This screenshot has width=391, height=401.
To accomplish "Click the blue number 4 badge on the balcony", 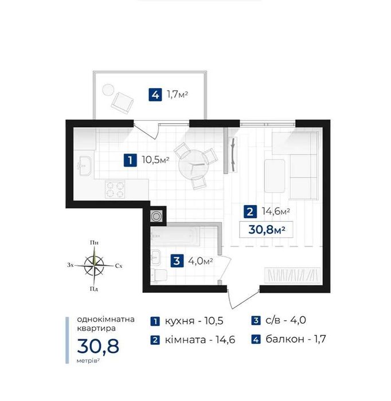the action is [x=155, y=95].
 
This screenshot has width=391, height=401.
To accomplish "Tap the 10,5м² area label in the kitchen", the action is [x=155, y=160].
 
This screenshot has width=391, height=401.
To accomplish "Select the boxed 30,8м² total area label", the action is [x=266, y=229].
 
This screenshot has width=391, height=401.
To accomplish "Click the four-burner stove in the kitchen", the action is [x=115, y=190].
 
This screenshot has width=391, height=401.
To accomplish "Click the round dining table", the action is [x=192, y=164].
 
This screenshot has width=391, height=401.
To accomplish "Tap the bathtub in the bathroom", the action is [x=174, y=235].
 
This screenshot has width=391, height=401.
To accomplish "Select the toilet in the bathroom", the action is [x=159, y=276].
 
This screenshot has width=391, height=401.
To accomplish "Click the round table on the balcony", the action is [x=108, y=90].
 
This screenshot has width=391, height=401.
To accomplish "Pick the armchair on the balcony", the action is [x=122, y=103].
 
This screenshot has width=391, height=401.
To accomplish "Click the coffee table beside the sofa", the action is [x=275, y=176].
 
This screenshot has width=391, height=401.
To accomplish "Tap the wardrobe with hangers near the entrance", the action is [x=292, y=276].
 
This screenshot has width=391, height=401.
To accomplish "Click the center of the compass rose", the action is [x=94, y=265].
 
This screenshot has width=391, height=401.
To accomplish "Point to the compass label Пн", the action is [x=94, y=242].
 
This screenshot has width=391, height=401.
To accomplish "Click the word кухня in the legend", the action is [x=179, y=321].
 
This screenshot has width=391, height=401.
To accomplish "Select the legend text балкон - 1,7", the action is [x=296, y=339].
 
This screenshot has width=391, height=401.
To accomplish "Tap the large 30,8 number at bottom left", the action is [x=98, y=346].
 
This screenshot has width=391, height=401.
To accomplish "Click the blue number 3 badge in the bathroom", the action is [x=177, y=261].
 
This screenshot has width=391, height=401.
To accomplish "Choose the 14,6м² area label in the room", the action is [x=276, y=211].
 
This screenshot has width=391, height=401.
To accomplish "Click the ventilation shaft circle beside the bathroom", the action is [x=156, y=217].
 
